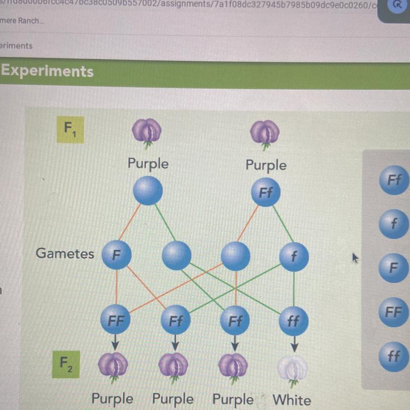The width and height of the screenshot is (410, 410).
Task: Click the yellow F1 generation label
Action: (70, 130)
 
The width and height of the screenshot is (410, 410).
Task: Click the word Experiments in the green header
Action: (47, 71)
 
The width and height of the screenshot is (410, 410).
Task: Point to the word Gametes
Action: (65, 254)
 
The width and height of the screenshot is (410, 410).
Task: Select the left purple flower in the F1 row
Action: (147, 133)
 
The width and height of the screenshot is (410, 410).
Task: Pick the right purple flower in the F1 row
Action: (265, 133)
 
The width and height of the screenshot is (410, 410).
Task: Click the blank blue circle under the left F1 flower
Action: (148, 190)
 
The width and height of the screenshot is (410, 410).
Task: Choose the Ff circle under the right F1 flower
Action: (266, 193)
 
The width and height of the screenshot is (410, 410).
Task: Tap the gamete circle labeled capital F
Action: (116, 255)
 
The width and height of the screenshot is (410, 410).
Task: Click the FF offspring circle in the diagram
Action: (116, 319)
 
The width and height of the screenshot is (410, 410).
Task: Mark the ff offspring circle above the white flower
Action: (294, 321)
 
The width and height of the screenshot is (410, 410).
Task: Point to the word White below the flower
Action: (292, 400)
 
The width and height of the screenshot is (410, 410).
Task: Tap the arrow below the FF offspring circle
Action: (115, 342)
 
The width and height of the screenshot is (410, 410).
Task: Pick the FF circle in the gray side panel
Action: (393, 312)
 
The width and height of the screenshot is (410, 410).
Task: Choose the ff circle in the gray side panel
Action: (393, 356)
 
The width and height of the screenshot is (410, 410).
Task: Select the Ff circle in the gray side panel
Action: (394, 180)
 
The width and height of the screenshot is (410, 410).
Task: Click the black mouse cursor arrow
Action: (355, 257)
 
